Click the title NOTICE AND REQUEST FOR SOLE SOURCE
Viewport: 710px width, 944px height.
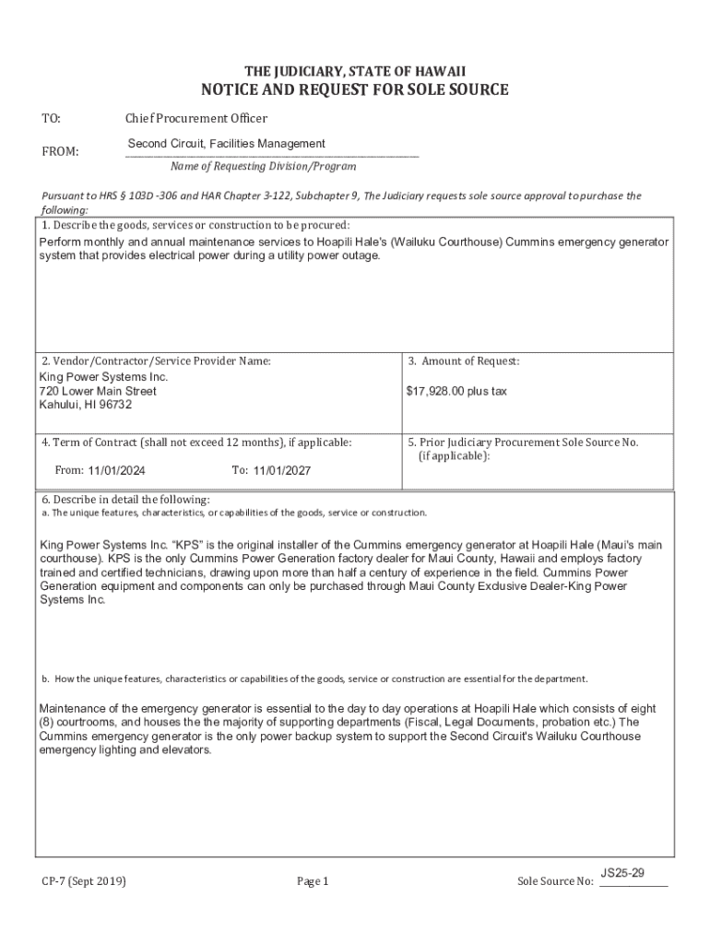click(355, 90)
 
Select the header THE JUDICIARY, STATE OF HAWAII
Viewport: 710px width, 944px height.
click(355, 71)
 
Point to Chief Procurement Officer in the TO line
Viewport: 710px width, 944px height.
click(196, 118)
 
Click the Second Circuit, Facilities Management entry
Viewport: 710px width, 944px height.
click(226, 144)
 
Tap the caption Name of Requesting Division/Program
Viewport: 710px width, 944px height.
click(263, 167)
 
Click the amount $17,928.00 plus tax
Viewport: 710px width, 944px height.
click(456, 392)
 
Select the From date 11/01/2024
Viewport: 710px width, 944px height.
click(117, 470)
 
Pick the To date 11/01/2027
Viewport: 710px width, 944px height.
click(282, 470)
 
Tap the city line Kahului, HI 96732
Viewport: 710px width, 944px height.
click(86, 405)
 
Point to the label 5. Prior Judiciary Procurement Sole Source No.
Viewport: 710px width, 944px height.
click(523, 442)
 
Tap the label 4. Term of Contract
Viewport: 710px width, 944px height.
click(195, 442)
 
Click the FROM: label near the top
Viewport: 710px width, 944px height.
click(61, 151)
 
